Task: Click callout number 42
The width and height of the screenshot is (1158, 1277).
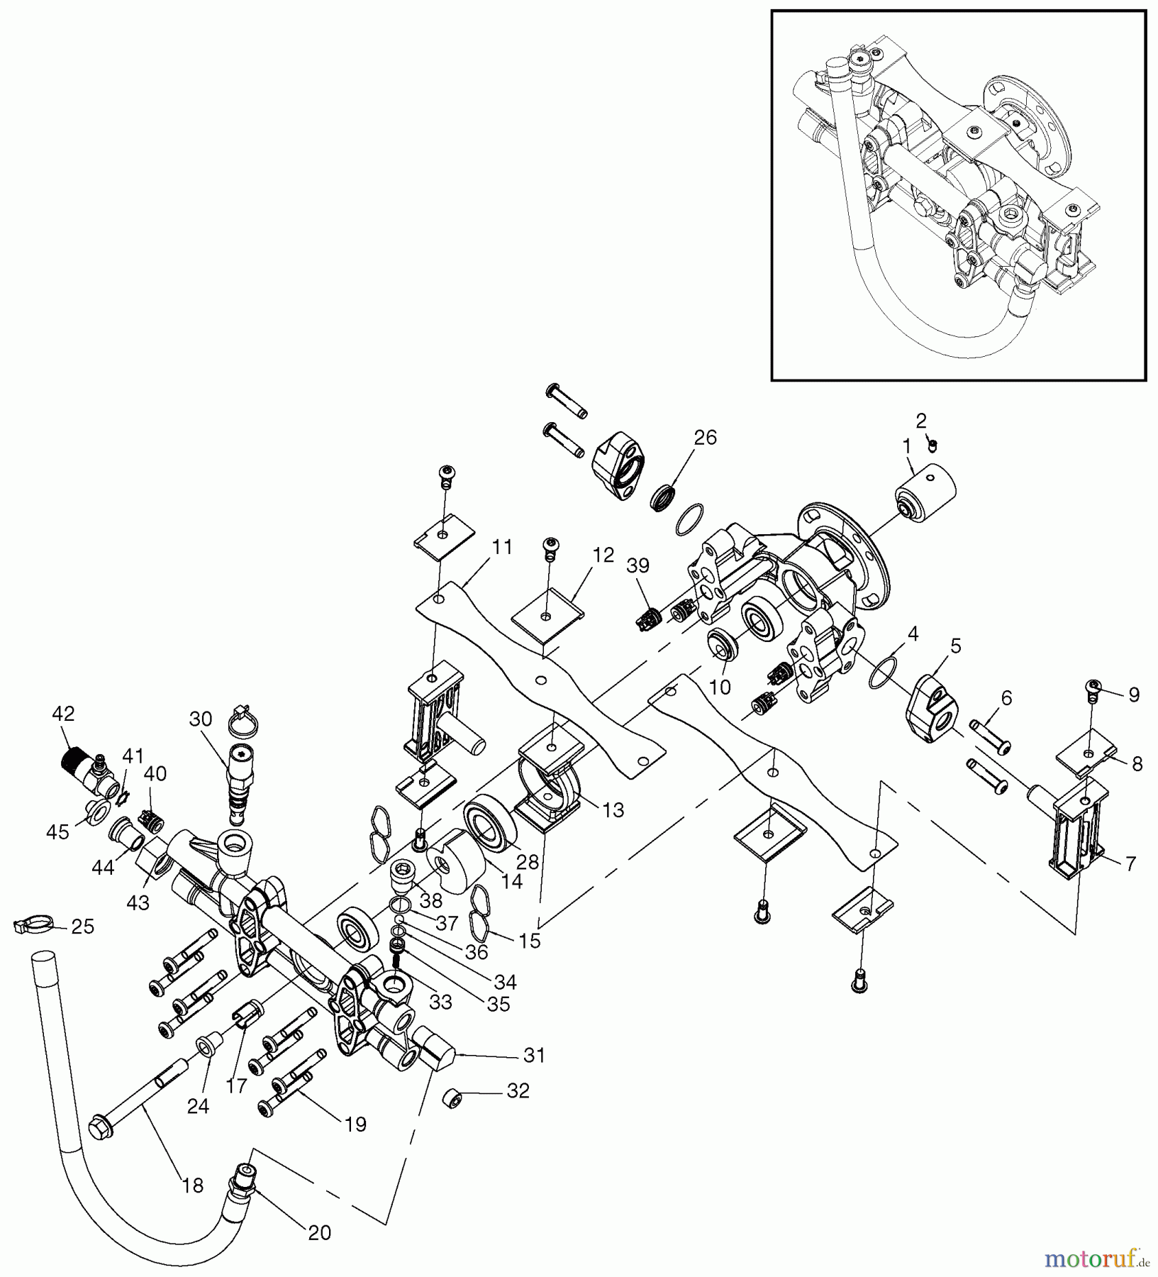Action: click(63, 714)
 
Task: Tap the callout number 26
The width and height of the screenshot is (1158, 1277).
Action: click(705, 437)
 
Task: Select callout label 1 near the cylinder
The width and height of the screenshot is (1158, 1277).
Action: click(906, 446)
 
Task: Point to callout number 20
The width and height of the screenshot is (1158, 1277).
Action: click(320, 1233)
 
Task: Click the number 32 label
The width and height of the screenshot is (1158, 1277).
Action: click(518, 1090)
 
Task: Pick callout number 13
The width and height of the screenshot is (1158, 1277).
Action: click(613, 809)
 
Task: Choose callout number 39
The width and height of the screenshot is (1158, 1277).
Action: click(638, 565)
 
